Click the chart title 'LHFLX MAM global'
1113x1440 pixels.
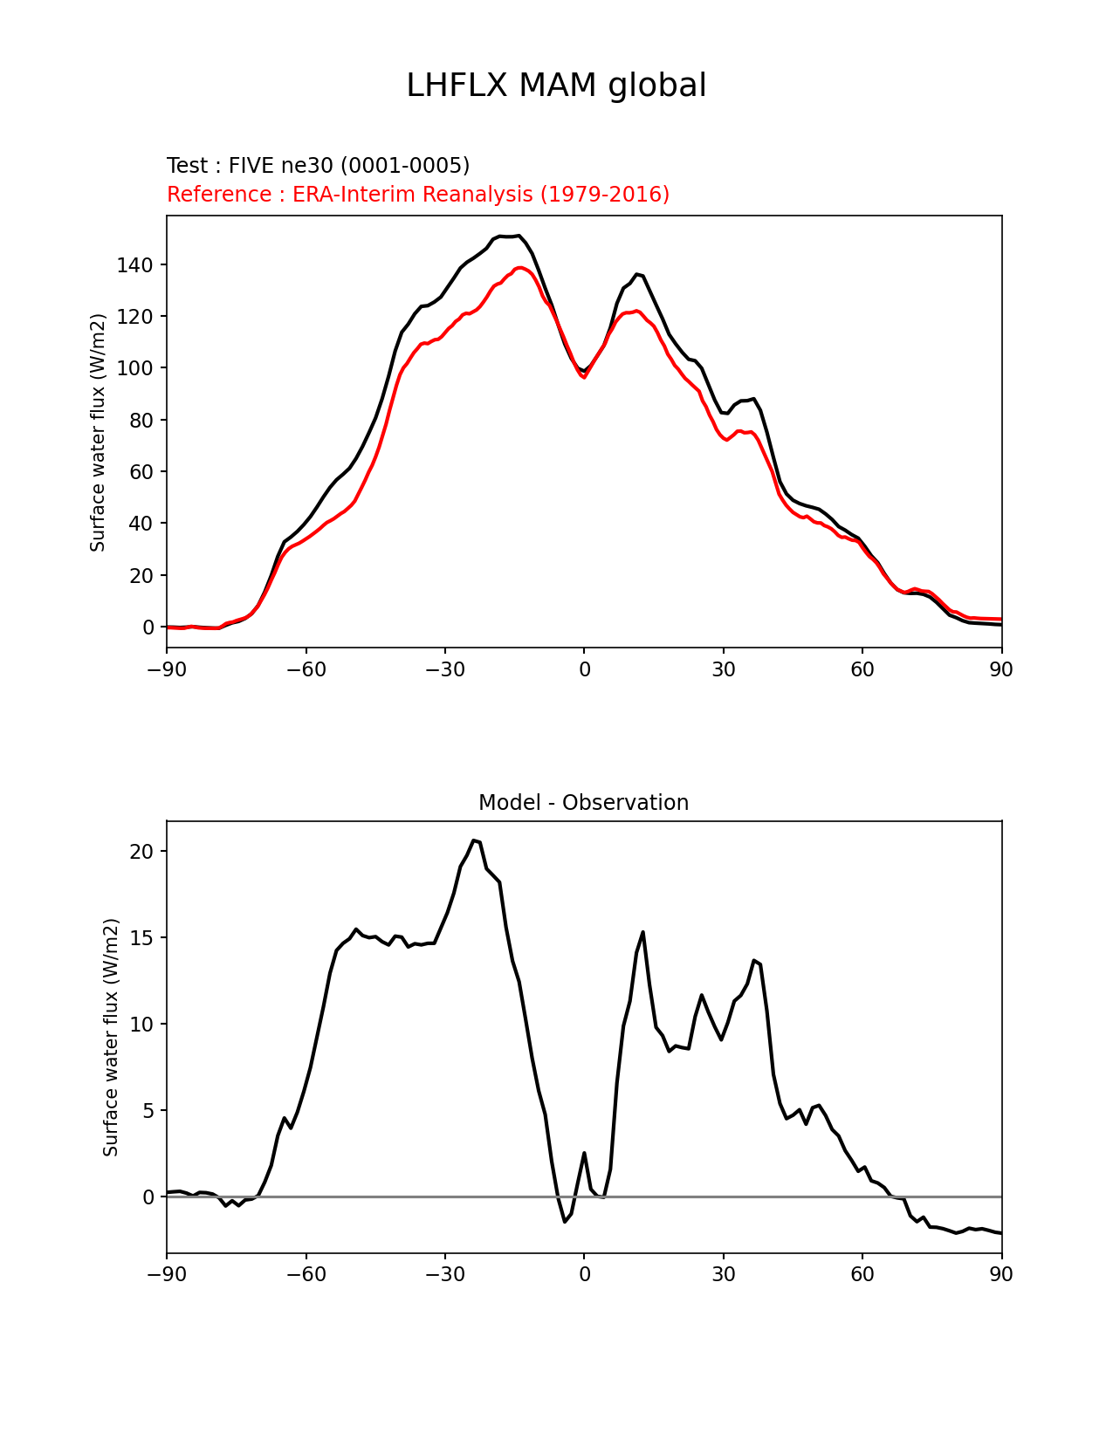[x=556, y=86]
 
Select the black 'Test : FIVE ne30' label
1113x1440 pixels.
[x=318, y=166]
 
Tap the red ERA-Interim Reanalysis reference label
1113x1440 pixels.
[x=418, y=195]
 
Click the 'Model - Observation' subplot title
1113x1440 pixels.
[x=583, y=803]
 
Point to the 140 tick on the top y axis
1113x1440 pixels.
[x=135, y=265]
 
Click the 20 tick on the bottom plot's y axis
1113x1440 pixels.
[x=141, y=852]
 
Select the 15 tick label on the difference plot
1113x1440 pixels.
[x=141, y=938]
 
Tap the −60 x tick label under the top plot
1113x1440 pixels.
[x=306, y=670]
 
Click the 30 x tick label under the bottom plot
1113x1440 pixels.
[x=724, y=1275]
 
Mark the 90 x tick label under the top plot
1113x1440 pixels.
[x=1001, y=670]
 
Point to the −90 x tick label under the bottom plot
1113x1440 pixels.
[x=167, y=1275]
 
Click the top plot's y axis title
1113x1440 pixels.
[x=98, y=432]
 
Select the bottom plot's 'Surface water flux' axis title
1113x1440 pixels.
[x=111, y=1037]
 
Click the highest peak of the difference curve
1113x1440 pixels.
[x=474, y=840]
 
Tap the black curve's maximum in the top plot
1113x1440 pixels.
[x=519, y=235]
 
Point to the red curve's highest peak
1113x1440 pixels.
[x=520, y=268]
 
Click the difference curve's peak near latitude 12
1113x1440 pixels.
[x=642, y=932]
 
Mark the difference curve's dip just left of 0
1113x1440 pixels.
[x=565, y=1222]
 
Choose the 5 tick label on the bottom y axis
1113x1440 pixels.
[x=148, y=1111]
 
